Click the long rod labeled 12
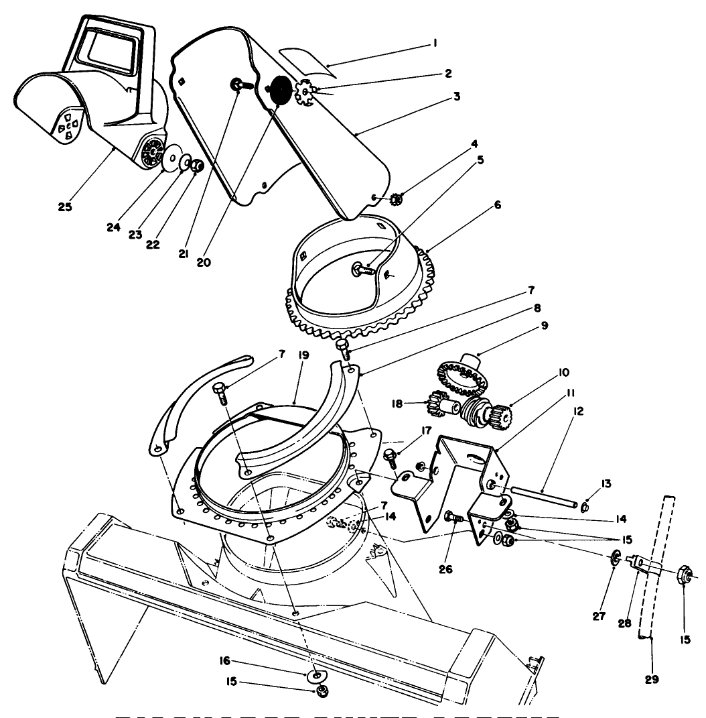(543, 498)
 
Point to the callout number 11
(570, 393)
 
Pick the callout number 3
(456, 96)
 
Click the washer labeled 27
(614, 556)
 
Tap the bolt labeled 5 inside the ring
(362, 270)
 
